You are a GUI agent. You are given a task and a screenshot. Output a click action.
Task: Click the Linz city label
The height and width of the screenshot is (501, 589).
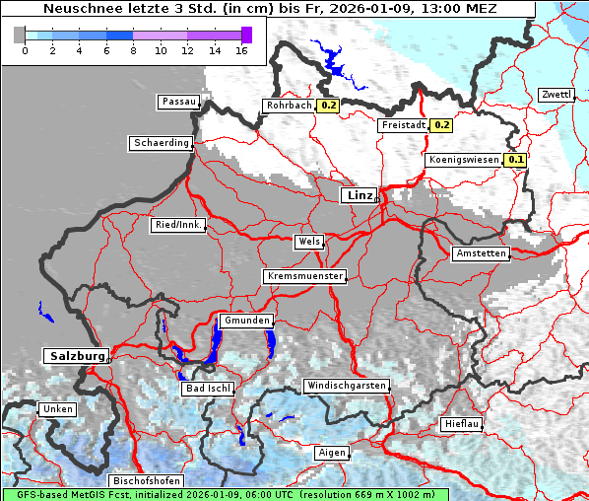point(360,195)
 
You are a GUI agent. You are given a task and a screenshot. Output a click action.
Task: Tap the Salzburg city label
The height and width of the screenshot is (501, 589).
point(75,356)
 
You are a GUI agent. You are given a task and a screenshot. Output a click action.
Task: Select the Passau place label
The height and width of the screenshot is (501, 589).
point(178,102)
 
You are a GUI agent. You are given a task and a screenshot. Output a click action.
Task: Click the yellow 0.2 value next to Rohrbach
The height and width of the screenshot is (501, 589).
point(328,106)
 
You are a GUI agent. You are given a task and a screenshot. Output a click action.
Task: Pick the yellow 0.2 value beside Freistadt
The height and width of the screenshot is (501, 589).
point(442,125)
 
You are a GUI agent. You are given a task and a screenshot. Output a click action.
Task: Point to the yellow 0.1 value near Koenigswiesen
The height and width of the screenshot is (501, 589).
point(516,160)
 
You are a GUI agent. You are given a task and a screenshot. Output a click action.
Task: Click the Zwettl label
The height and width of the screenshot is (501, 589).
point(556,95)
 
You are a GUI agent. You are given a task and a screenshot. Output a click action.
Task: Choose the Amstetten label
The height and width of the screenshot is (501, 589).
point(481,253)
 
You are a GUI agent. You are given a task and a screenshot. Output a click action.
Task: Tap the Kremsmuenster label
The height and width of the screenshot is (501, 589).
point(305,276)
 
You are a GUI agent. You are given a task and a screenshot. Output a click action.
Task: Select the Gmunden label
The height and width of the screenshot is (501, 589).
point(245,322)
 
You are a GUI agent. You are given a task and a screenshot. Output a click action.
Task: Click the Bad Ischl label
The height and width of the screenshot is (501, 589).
point(208,389)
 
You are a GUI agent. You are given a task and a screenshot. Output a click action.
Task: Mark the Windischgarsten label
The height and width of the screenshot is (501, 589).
point(346,386)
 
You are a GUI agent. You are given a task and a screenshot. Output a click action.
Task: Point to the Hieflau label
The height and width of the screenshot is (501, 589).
point(461,424)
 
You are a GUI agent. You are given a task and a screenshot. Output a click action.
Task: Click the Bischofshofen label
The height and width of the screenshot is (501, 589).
point(146,481)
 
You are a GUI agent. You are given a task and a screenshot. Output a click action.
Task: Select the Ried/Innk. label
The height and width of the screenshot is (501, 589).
point(178,225)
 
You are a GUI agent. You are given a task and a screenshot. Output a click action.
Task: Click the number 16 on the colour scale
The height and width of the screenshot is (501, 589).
point(241,50)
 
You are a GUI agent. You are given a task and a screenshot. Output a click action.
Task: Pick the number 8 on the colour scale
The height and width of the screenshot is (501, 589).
point(133,50)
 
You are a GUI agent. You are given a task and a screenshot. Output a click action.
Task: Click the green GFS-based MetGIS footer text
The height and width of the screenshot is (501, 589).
point(225,494)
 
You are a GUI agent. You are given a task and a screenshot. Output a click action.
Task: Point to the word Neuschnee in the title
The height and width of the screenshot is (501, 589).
point(80,9)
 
